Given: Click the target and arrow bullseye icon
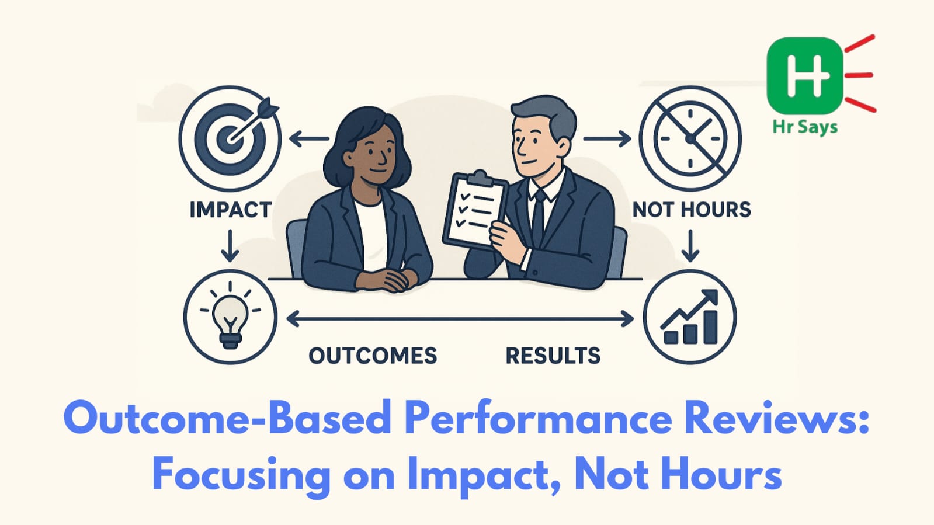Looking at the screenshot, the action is coord(230,138).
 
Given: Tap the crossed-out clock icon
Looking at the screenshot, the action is coord(690,138).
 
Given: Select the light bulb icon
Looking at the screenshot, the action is coord(230,317).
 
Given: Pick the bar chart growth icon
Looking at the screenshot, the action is coord(690,317).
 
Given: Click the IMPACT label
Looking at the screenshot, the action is coord(231,209).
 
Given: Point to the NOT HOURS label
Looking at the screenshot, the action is coord(692,209).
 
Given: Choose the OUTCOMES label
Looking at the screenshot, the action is coord(373,356).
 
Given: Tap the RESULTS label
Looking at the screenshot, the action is coord(553,356).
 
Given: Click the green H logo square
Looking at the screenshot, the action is coord(805,76).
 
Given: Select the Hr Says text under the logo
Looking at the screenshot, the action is coord(805,127).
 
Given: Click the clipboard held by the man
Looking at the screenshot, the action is coord(475,208).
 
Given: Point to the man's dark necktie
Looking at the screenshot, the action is coord(539,217).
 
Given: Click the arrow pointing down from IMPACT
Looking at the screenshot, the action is coord(230,246).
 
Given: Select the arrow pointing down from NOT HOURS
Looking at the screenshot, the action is coord(690,246).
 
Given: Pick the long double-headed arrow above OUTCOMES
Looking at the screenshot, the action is coord(460,319).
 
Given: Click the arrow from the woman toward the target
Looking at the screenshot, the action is coord(309,139).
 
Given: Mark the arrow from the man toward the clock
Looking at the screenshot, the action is coord(607,139).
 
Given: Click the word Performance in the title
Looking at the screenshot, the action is coord(539,419).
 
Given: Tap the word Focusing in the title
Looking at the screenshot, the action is coord(241,475).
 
